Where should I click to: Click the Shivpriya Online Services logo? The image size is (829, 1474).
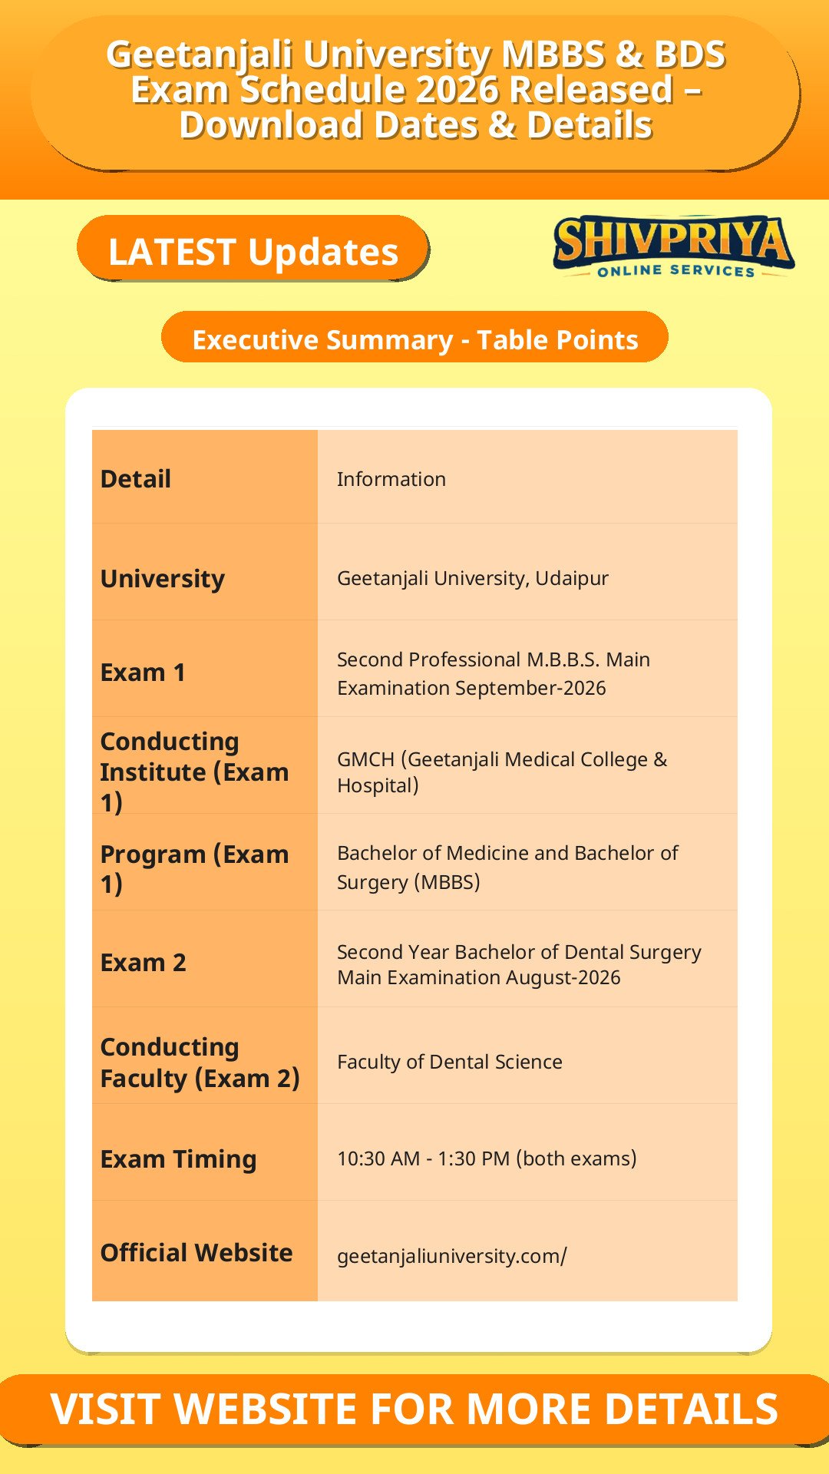coord(673,246)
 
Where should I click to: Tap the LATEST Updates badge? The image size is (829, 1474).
coord(253,249)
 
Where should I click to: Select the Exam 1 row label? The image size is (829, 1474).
coord(143,673)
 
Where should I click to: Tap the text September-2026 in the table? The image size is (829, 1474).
coord(530,688)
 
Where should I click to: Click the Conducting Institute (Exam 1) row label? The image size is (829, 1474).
coord(195,772)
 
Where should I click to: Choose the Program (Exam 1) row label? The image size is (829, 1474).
coord(195,869)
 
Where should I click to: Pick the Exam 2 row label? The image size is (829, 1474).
coord(144,963)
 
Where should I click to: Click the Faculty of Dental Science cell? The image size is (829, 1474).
coord(450,1062)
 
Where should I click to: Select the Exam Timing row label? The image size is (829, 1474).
coord(179,1159)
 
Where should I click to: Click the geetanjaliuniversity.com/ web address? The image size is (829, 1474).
coord(452,1256)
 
